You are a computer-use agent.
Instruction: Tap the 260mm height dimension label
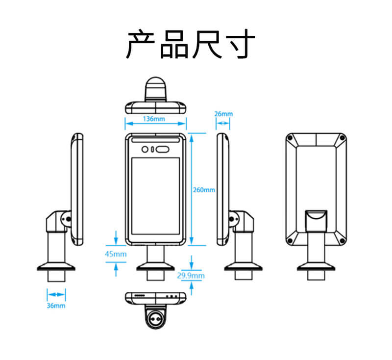pos(204,190)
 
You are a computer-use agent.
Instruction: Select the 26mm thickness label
pos(223,114)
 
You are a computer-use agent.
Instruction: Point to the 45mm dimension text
pos(116,254)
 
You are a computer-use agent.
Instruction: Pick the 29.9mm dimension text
pos(191,276)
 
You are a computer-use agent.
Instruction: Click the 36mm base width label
pos(56,306)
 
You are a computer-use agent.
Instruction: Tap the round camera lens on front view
pos(145,149)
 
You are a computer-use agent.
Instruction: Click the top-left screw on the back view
pos(291,138)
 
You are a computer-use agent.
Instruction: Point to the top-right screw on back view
pos(342,138)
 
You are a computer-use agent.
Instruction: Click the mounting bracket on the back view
pos(316,219)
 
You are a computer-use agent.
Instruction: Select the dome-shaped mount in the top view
pos(155,89)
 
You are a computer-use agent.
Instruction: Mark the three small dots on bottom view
pos(172,296)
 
